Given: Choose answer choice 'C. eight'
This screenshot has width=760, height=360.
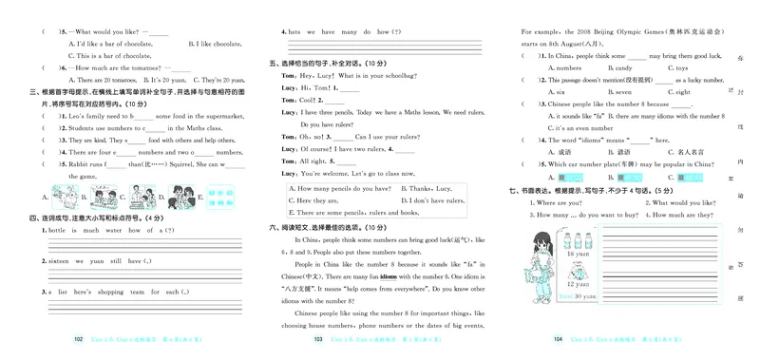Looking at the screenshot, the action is [x=678, y=92].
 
